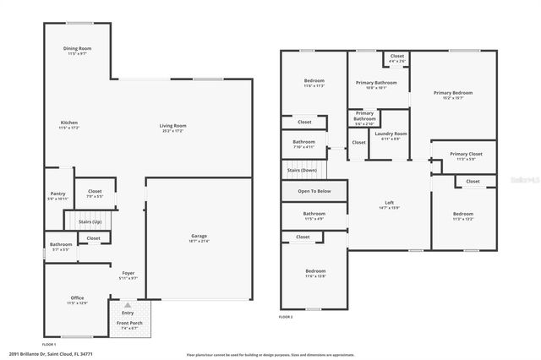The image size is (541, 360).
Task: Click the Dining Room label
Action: pos(77,49)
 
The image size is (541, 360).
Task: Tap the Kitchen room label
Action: pos(69,123)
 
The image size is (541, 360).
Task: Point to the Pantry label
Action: pos(57,194)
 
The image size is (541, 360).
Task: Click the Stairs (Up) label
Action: pos(90,221)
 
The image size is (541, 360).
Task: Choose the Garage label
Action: pos(199,236)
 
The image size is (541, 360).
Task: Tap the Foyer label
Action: pos(128,274)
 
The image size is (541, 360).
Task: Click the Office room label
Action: pos(77,298)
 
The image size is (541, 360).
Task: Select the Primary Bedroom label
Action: pos(453,92)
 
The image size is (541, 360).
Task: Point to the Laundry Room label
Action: pos(391,134)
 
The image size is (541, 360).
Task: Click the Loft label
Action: pos(390,202)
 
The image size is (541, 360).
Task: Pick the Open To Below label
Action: pos(314,191)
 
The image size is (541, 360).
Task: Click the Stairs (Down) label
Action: pos(302,170)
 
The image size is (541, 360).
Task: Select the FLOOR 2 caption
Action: pos(286,317)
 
